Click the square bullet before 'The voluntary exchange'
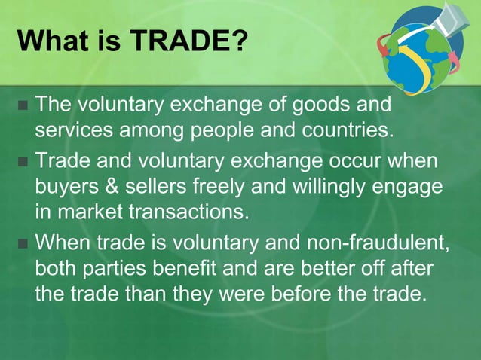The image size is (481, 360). click(21, 104)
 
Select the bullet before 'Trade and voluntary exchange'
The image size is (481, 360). click(21, 162)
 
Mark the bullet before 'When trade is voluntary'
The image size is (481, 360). click(21, 244)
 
